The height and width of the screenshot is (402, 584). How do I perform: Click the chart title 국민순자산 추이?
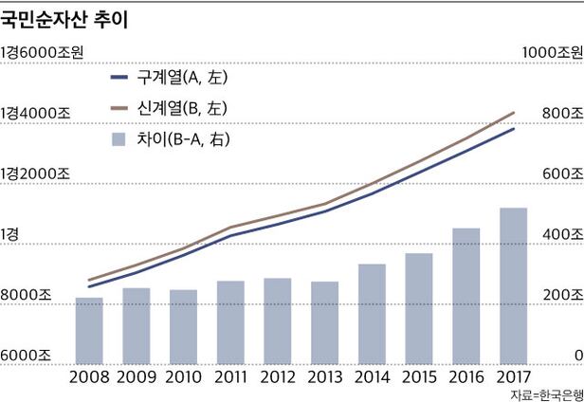coord(65,19)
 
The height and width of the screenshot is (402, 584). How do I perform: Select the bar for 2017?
coord(513,284)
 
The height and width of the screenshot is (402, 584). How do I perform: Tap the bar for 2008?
coord(89,329)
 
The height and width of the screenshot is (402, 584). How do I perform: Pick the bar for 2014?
coord(372,313)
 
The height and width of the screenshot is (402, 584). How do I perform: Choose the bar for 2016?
coord(465,295)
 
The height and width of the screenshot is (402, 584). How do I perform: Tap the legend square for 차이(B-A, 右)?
coord(119,140)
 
